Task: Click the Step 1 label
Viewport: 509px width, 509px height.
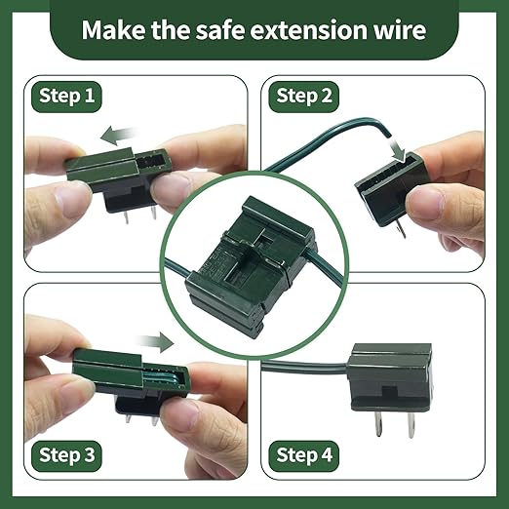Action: click(x=69, y=96)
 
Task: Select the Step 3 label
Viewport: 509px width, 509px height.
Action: click(x=69, y=454)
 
